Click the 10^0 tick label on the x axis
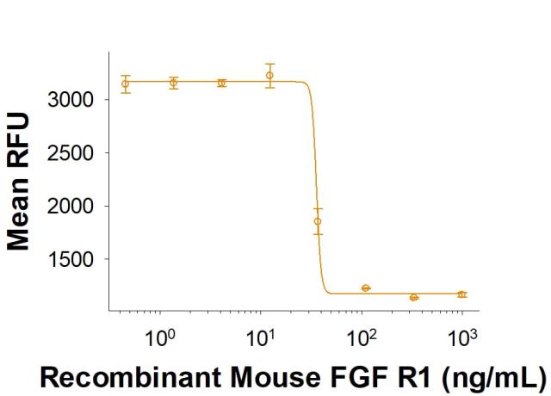click(x=158, y=331)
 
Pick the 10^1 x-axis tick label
click(x=259, y=331)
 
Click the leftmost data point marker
click(x=126, y=84)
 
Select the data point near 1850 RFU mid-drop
click(x=318, y=221)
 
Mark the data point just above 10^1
click(x=269, y=76)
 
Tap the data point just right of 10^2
click(x=366, y=288)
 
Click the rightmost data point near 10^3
click(x=462, y=294)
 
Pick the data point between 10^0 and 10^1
click(x=222, y=83)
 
